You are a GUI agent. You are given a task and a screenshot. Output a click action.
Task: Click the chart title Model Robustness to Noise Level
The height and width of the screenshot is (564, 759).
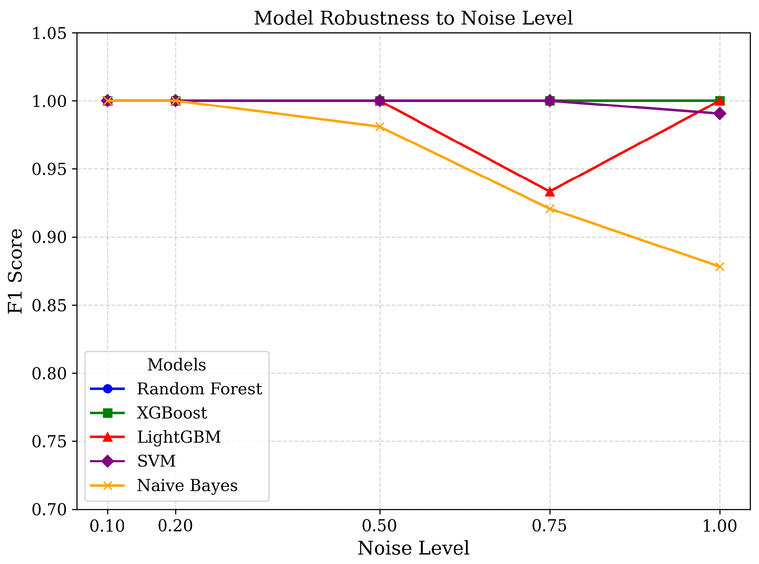pos(413,18)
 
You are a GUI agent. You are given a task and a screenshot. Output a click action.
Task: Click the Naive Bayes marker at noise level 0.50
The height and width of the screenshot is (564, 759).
pos(380,127)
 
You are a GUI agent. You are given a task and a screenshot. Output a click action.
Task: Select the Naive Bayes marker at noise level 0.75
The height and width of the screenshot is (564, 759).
pos(550,209)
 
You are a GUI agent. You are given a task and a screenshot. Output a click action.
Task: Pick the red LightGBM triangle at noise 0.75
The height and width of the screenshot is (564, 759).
pos(550,192)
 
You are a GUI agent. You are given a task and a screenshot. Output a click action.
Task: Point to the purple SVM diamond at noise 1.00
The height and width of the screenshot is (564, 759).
pos(720,113)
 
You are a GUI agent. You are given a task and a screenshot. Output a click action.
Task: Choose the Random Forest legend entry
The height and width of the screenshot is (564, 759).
pos(199,389)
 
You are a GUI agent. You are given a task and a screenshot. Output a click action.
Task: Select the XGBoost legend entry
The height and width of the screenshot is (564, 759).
pos(172,413)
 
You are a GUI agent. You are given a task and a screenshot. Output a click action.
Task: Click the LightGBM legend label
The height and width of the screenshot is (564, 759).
pos(179,437)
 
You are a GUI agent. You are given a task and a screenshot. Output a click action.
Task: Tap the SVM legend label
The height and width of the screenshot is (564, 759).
pos(156,461)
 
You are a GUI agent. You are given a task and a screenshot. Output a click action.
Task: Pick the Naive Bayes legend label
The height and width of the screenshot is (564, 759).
pos(187,486)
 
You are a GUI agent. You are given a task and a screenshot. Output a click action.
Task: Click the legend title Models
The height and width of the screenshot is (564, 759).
pos(177,365)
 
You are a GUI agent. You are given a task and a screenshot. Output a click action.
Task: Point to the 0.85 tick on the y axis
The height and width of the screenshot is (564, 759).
pos(49,305)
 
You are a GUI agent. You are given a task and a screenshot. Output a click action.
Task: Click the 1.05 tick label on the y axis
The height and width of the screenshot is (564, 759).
pos(49,33)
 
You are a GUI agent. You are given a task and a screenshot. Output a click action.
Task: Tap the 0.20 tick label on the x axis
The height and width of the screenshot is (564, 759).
pos(176,526)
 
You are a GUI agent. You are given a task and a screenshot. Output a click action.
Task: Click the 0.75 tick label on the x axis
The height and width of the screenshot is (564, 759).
pos(549,526)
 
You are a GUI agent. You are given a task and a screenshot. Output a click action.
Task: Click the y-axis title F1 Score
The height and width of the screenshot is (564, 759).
pos(15,271)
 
